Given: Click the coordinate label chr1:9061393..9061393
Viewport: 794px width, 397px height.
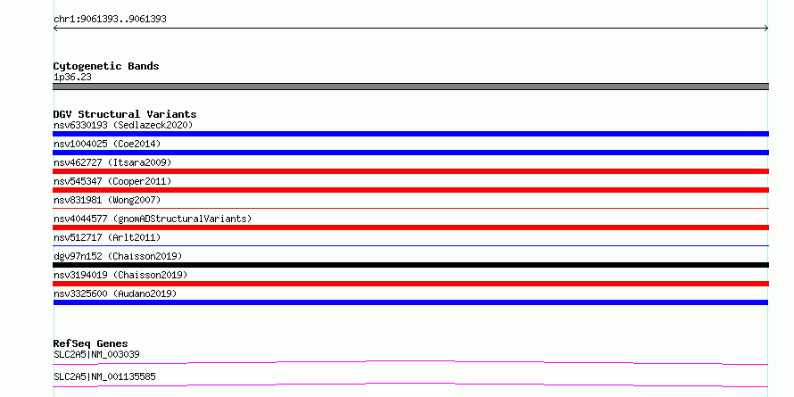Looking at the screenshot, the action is pyautogui.click(x=110, y=20).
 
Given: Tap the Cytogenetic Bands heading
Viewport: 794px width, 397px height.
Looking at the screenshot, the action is pyautogui.click(x=106, y=66).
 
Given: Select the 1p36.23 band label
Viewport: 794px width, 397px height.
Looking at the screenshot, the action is pyautogui.click(x=72, y=78).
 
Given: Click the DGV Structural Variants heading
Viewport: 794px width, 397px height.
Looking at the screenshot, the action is pyautogui.click(x=125, y=114).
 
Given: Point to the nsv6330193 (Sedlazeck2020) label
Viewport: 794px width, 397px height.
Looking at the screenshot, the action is pyautogui.click(x=123, y=125).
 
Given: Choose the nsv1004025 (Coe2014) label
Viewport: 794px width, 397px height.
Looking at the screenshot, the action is pyautogui.click(x=107, y=144).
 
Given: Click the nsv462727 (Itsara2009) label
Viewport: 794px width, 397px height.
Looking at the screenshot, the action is pyautogui.click(x=112, y=162).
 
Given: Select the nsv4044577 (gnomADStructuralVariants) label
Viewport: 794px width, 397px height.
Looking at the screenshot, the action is pyautogui.click(x=153, y=219).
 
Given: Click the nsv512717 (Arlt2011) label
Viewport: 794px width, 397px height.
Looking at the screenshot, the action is pyautogui.click(x=107, y=237).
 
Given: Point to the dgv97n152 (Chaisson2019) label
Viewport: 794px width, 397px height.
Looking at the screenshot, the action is pyautogui.click(x=118, y=256).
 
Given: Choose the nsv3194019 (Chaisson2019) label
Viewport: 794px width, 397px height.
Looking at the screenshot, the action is pyautogui.click(x=120, y=275).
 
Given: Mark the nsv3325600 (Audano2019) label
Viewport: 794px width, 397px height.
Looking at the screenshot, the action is pyautogui.click(x=115, y=294).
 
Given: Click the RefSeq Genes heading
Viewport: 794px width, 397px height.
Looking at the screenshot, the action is pyautogui.click(x=91, y=343).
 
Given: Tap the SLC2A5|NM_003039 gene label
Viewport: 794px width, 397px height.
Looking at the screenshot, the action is pyautogui.click(x=96, y=354).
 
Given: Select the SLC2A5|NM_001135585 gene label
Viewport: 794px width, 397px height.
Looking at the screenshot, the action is pyautogui.click(x=104, y=376).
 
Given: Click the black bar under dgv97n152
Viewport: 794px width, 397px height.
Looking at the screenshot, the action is pyautogui.click(x=410, y=265).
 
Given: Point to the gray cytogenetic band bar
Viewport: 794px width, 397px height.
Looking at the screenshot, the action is pyautogui.click(x=410, y=87).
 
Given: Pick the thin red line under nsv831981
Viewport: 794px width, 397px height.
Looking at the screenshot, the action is pyautogui.click(x=410, y=208).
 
